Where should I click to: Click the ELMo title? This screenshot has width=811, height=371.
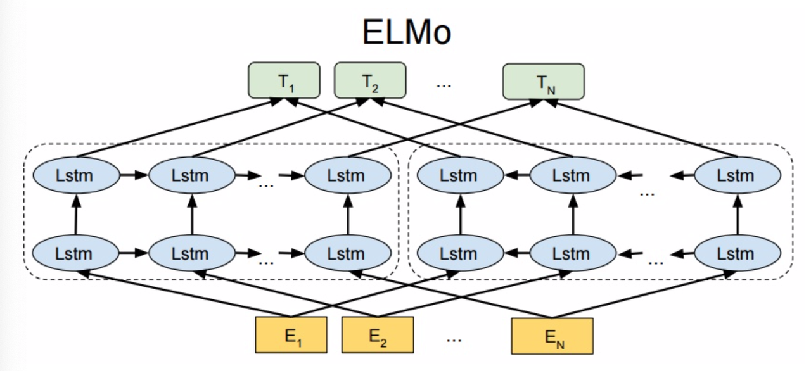406,32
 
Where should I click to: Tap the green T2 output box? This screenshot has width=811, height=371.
369,80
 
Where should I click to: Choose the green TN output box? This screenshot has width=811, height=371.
543,81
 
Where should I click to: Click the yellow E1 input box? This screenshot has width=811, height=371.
291,335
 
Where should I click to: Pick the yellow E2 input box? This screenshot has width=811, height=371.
377,335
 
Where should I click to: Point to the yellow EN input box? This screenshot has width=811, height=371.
552,335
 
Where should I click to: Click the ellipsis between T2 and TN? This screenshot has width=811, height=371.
444,83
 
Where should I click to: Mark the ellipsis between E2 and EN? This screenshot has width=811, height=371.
454,338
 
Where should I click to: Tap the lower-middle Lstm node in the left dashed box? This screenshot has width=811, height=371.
191,253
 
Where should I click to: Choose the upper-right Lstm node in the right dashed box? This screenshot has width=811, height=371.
737,175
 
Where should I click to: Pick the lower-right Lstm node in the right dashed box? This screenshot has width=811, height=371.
737,253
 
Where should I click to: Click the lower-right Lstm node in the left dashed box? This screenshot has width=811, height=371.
347,253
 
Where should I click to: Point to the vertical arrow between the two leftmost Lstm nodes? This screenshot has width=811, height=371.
75,214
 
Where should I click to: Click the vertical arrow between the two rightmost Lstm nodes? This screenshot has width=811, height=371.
738,214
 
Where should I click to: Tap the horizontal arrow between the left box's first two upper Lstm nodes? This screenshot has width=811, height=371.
134,175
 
